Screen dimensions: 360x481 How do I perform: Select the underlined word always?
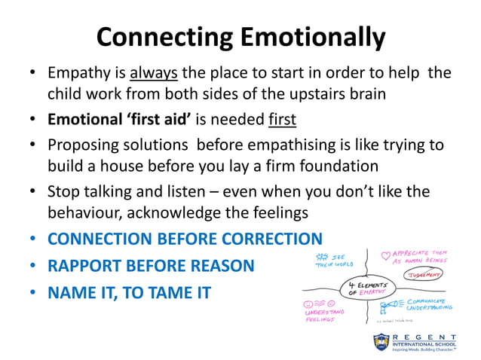coord(154,74)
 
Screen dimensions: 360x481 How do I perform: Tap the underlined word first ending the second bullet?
coord(283,119)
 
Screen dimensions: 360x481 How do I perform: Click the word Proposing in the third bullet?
coord(83,144)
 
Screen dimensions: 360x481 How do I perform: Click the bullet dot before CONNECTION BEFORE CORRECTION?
coord(32,240)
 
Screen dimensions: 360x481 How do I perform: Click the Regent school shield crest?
coord(381,342)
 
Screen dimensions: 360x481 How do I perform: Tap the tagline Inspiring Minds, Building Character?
coord(426,351)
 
